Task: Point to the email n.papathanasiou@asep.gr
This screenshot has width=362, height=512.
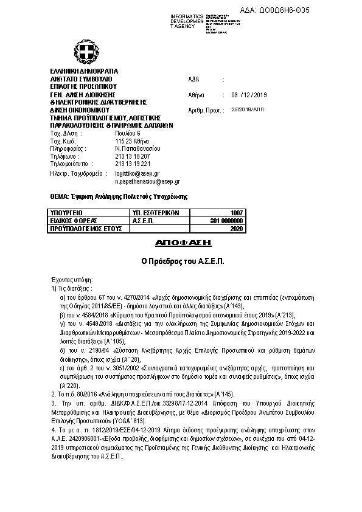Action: [147, 181]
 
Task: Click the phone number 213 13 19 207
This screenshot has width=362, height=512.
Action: [133, 156]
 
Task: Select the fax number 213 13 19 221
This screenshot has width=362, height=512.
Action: [133, 164]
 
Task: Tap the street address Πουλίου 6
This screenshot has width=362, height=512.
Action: [127, 133]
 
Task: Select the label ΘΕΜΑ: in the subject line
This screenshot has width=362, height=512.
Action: [59, 196]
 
